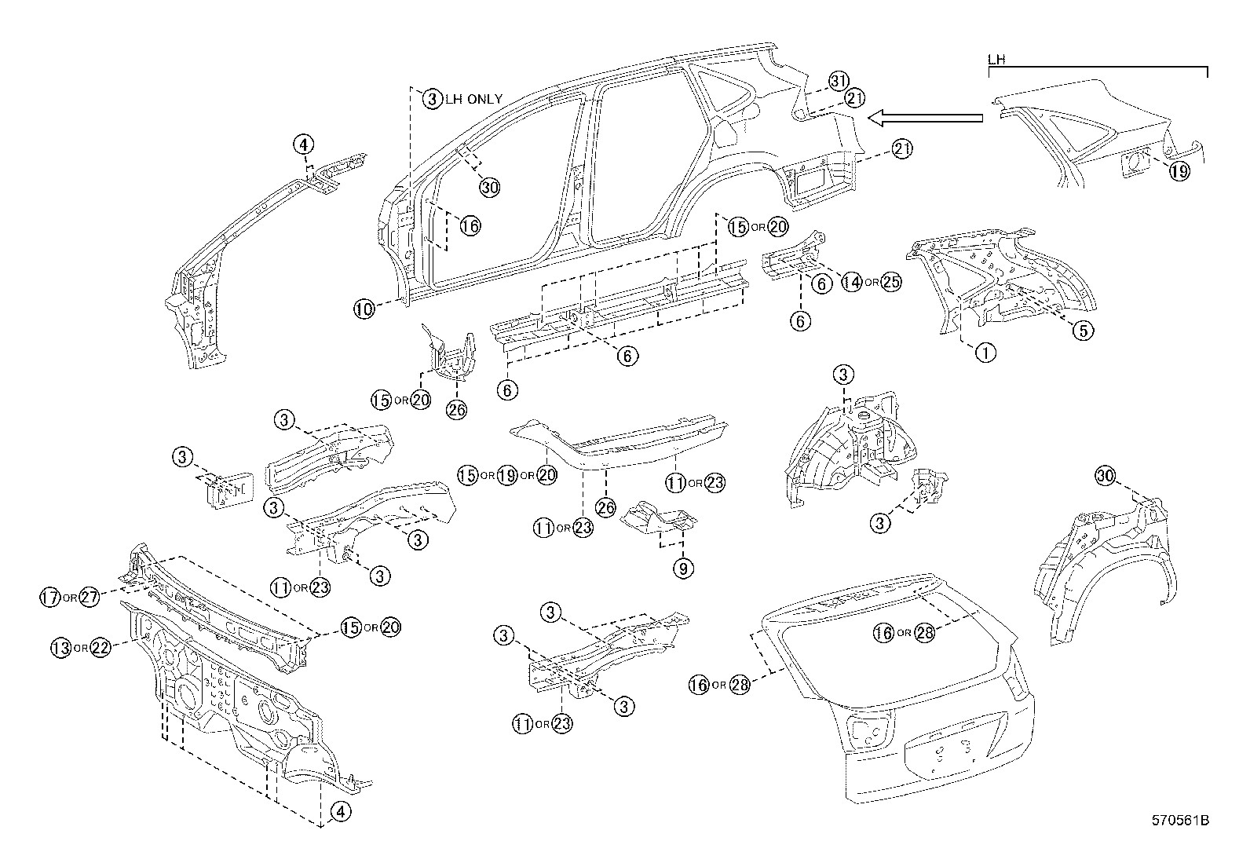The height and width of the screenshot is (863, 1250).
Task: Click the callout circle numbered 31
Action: pyautogui.click(x=839, y=81)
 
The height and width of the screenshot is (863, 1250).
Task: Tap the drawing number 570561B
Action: pyautogui.click(x=1179, y=821)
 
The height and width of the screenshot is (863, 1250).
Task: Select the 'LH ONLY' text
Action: pyautogui.click(x=473, y=99)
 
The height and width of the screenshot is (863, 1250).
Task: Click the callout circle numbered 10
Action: pyautogui.click(x=364, y=309)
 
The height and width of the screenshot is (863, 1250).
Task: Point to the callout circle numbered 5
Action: pyautogui.click(x=1082, y=331)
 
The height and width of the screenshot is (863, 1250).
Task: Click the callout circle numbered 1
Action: pyautogui.click(x=985, y=352)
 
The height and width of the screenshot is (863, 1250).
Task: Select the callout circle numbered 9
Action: pyautogui.click(x=682, y=568)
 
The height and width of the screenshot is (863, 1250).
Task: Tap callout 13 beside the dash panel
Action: pyautogui.click(x=60, y=648)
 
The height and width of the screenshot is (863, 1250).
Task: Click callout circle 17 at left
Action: pyautogui.click(x=50, y=598)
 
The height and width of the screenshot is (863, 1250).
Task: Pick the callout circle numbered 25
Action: pyautogui.click(x=890, y=282)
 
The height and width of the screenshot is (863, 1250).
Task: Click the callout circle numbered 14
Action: pyautogui.click(x=851, y=282)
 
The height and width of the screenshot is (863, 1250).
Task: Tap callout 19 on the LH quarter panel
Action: pyautogui.click(x=1179, y=170)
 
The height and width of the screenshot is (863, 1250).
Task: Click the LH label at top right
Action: pyautogui.click(x=996, y=60)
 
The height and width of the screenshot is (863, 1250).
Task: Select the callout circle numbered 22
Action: pyautogui.click(x=101, y=648)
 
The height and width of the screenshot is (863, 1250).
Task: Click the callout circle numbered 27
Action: pyautogui.click(x=90, y=598)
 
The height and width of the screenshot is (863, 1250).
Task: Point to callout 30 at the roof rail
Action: pyautogui.click(x=489, y=187)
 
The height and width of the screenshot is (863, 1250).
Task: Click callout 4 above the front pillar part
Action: pyautogui.click(x=304, y=144)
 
